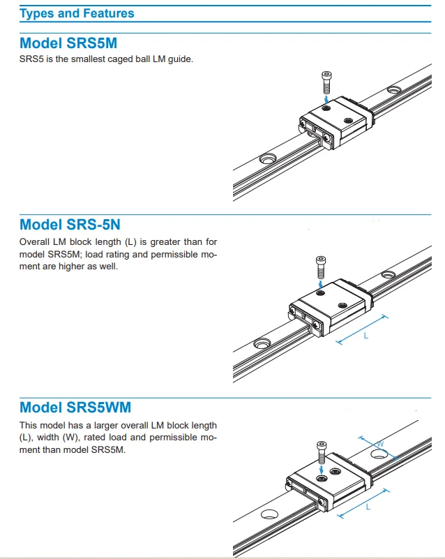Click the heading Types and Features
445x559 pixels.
coord(77,13)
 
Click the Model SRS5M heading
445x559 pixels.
coord(68,43)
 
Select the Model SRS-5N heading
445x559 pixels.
coord(70,224)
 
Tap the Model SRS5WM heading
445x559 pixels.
coord(75,407)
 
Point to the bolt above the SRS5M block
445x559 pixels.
coord(326,82)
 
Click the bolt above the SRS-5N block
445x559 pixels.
coord(320,265)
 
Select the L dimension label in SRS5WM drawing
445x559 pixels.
coord(368,507)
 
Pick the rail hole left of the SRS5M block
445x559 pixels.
coord(267,160)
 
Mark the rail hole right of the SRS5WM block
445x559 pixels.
coord(379,454)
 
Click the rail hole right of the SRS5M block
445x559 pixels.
coord(394,89)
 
